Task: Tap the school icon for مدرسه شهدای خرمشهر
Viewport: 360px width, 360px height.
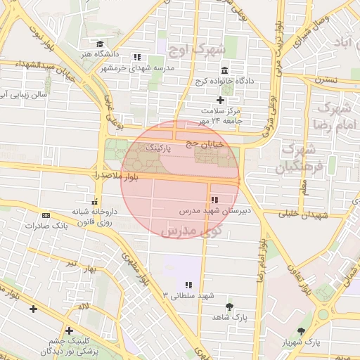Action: tap(138, 57)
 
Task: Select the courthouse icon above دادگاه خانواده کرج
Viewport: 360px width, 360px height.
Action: tap(224, 71)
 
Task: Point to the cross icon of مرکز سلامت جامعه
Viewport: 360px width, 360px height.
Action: tap(220, 101)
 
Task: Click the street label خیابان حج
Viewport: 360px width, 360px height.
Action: tap(204, 143)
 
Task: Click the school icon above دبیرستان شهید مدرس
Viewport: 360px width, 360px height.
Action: tap(214, 200)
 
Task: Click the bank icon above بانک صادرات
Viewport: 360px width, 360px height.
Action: tap(46, 215)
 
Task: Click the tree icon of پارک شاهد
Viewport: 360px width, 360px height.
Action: tap(229, 307)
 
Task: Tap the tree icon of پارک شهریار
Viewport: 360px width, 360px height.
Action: tap(302, 330)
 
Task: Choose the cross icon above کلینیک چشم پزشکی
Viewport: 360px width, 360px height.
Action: tap(68, 330)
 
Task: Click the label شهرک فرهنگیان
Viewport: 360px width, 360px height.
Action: tap(300, 158)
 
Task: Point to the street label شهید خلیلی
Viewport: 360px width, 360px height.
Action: tap(303, 214)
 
